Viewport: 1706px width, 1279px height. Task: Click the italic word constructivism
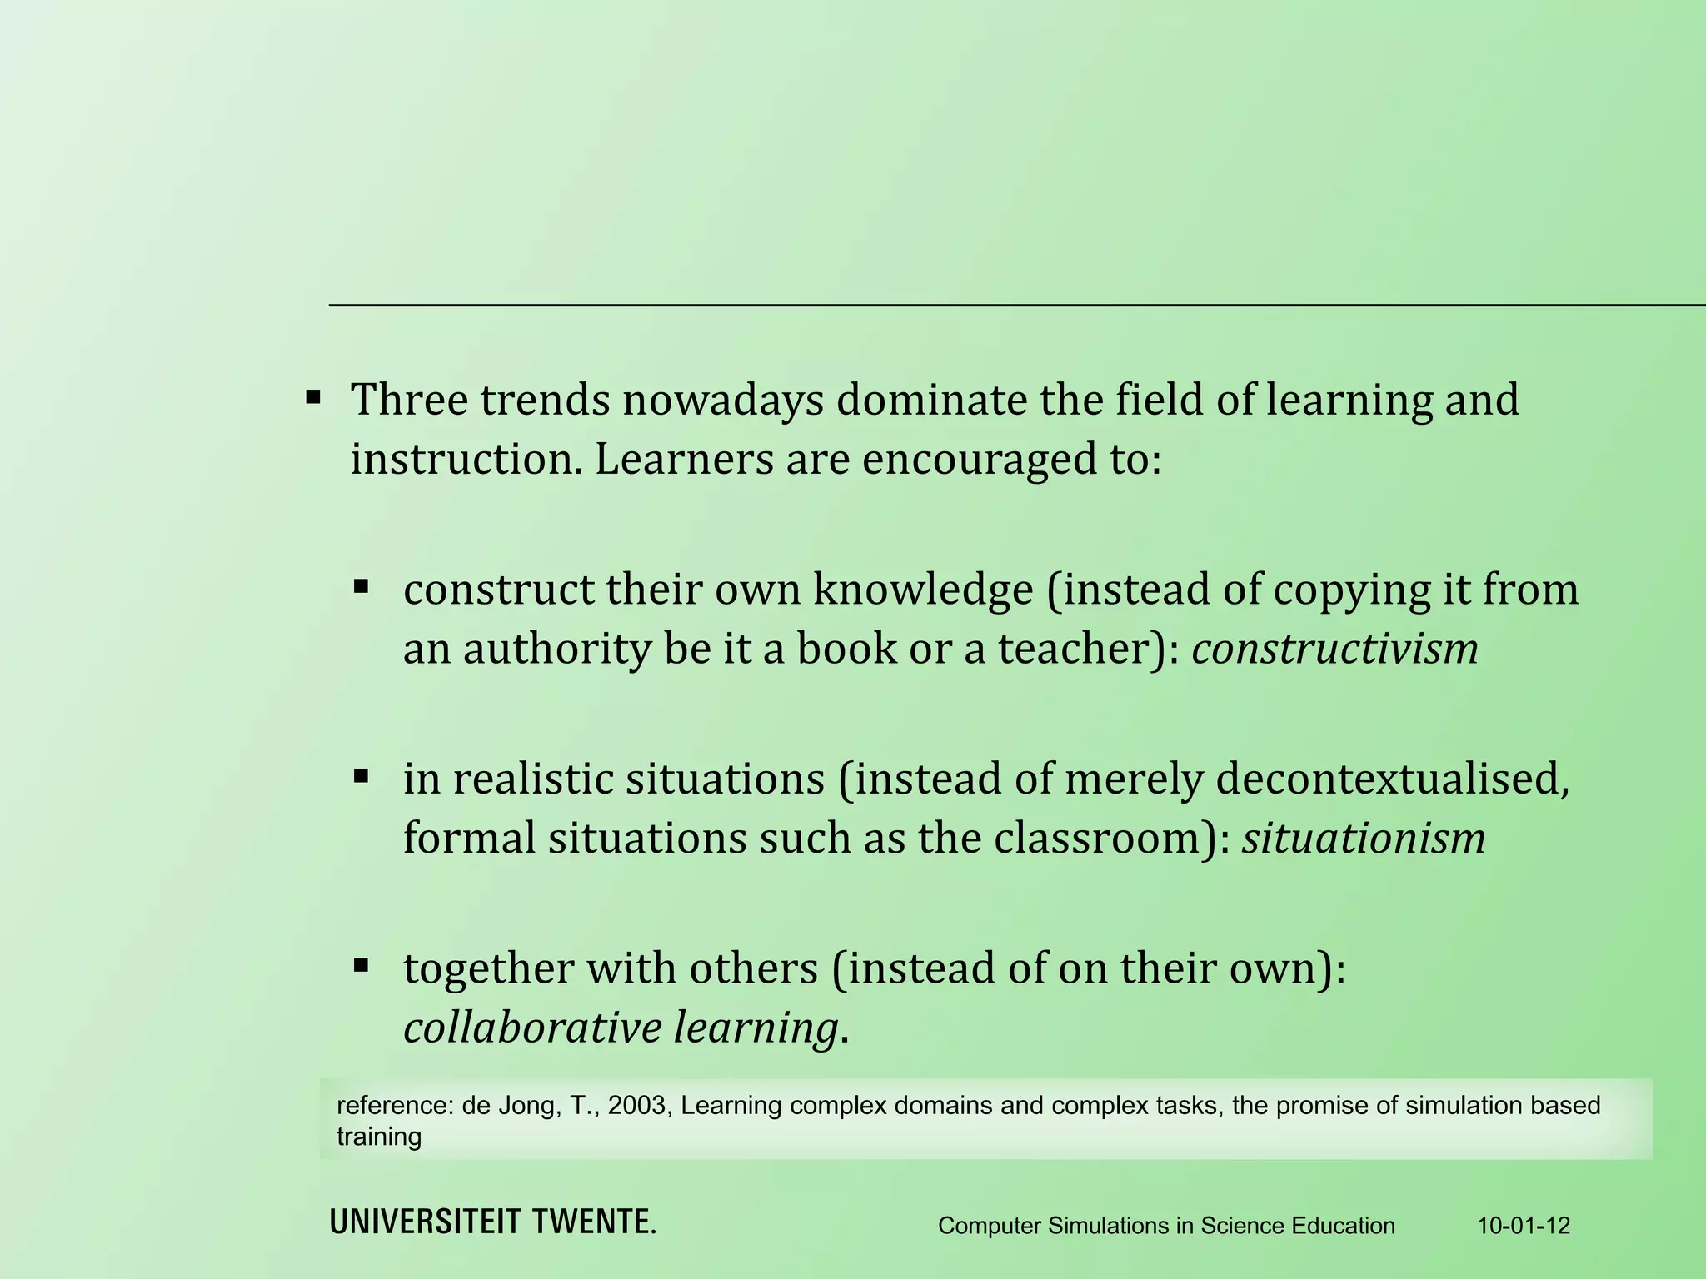(x=1334, y=649)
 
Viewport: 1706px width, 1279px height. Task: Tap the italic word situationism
(x=1364, y=838)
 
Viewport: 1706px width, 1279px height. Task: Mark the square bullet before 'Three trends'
(x=313, y=396)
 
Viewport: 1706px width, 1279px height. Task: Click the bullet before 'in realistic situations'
(x=361, y=777)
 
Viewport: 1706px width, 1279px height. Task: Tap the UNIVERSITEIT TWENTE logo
(x=493, y=1222)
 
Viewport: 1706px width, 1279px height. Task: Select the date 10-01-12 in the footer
(x=1524, y=1226)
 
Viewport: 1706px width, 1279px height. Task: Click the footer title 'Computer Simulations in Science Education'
(x=1166, y=1226)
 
